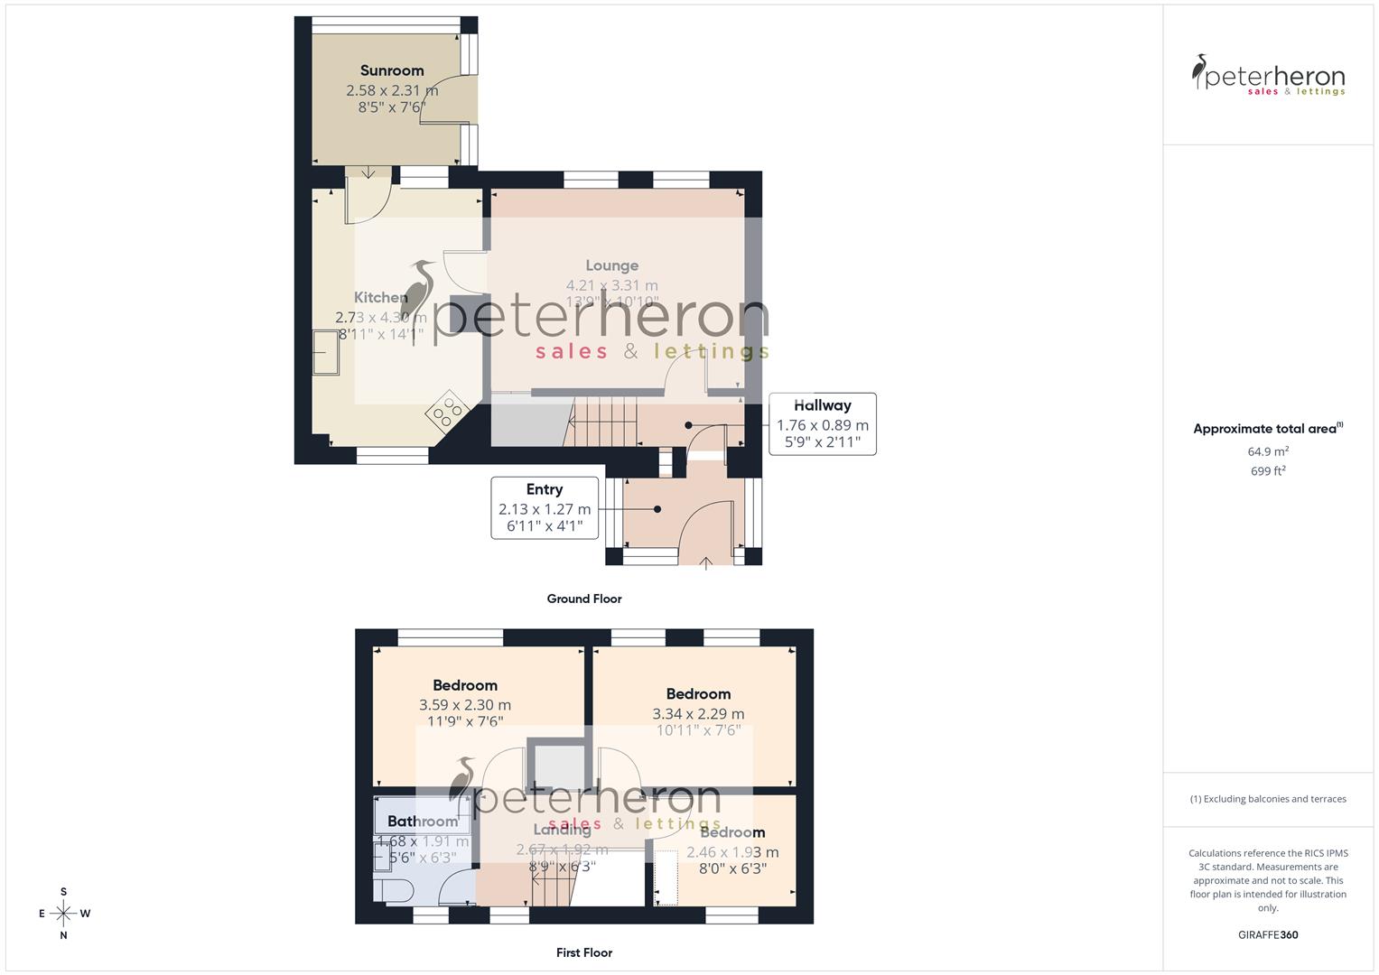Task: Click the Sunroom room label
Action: [x=392, y=70]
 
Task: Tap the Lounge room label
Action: [x=611, y=265]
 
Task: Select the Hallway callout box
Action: [x=822, y=423]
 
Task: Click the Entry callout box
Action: [x=545, y=508]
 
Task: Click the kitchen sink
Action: [x=325, y=352]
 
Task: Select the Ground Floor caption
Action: [x=584, y=599]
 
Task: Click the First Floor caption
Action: [x=584, y=952]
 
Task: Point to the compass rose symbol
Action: [x=63, y=914]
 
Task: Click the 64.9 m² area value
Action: [x=1268, y=451]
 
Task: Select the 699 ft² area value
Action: [x=1268, y=471]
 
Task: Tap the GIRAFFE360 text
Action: [x=1268, y=935]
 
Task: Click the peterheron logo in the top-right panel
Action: [x=1268, y=76]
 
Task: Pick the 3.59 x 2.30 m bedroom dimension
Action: [x=464, y=705]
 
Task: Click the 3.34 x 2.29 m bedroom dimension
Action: [x=698, y=714]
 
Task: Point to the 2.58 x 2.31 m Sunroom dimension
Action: [x=392, y=90]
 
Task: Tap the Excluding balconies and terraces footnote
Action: [x=1268, y=799]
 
